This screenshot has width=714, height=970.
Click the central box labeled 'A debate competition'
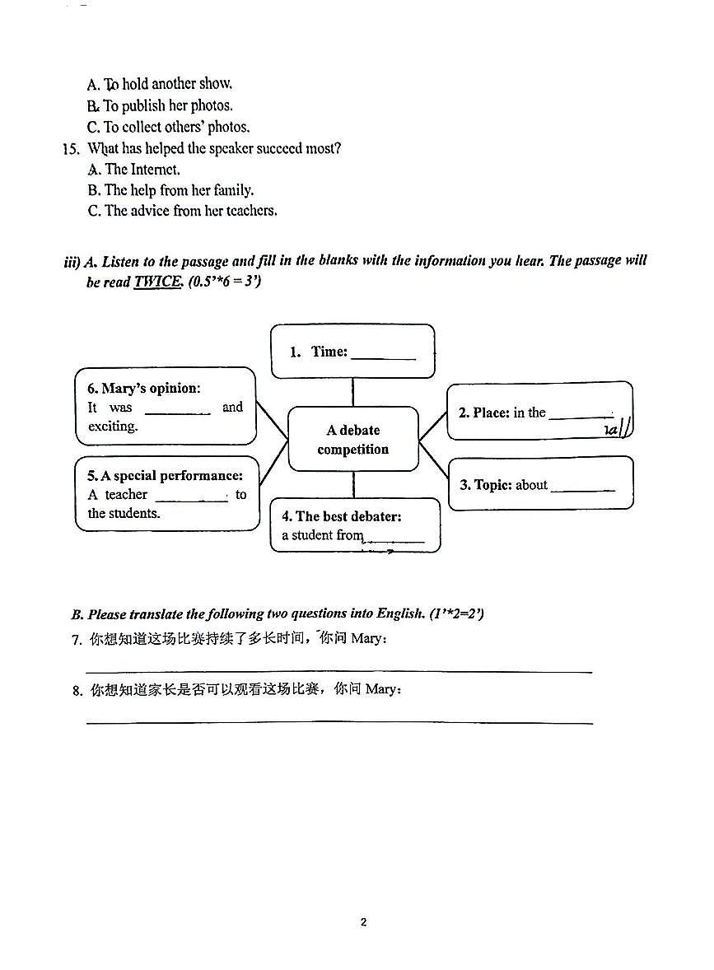[352, 440]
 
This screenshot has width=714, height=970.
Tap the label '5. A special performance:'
[166, 476]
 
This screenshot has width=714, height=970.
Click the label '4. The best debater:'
[341, 516]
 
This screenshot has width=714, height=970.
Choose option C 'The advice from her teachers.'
[182, 211]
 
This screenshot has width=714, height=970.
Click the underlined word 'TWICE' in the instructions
[157, 282]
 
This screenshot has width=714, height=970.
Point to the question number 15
[71, 149]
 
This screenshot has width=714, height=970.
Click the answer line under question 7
[339, 671]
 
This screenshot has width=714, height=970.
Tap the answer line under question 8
[339, 722]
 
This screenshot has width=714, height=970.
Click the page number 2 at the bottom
[363, 921]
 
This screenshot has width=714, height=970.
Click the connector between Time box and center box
[352, 392]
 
